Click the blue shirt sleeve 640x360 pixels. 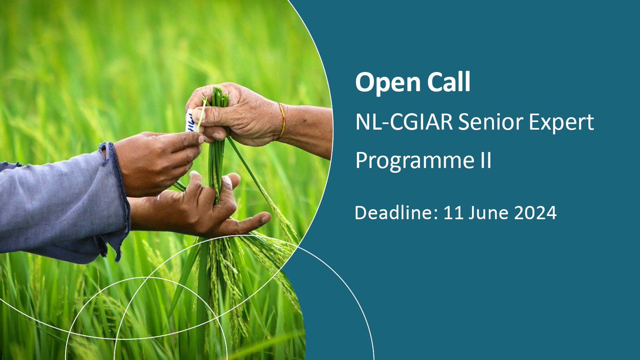click(53, 203)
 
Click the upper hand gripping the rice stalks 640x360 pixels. click(235, 112)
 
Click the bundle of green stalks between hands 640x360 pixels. click(217, 155)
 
